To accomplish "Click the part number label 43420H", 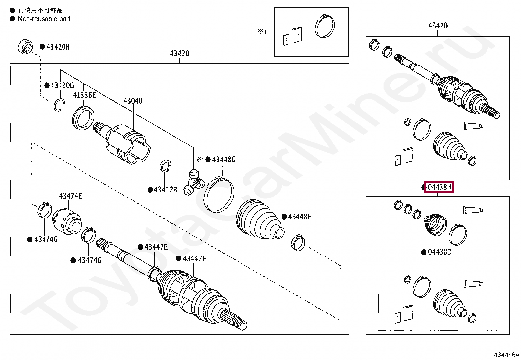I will (58, 47).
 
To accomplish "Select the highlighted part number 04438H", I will (439, 187).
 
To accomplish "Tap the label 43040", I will (133, 101).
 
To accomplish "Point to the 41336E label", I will (84, 95).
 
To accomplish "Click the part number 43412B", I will (165, 189).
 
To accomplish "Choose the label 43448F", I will (299, 217).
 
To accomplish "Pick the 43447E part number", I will (156, 247).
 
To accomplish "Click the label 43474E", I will (70, 196).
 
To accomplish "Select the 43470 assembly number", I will (438, 26).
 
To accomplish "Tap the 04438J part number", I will (439, 252).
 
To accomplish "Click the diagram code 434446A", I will (506, 355).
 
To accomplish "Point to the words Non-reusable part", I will (44, 19).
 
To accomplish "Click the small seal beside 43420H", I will (25, 47).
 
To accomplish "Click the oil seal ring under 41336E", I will (83, 118).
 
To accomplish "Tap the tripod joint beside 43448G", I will (194, 182).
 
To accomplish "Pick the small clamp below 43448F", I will (298, 243).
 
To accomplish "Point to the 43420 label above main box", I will (179, 53).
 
